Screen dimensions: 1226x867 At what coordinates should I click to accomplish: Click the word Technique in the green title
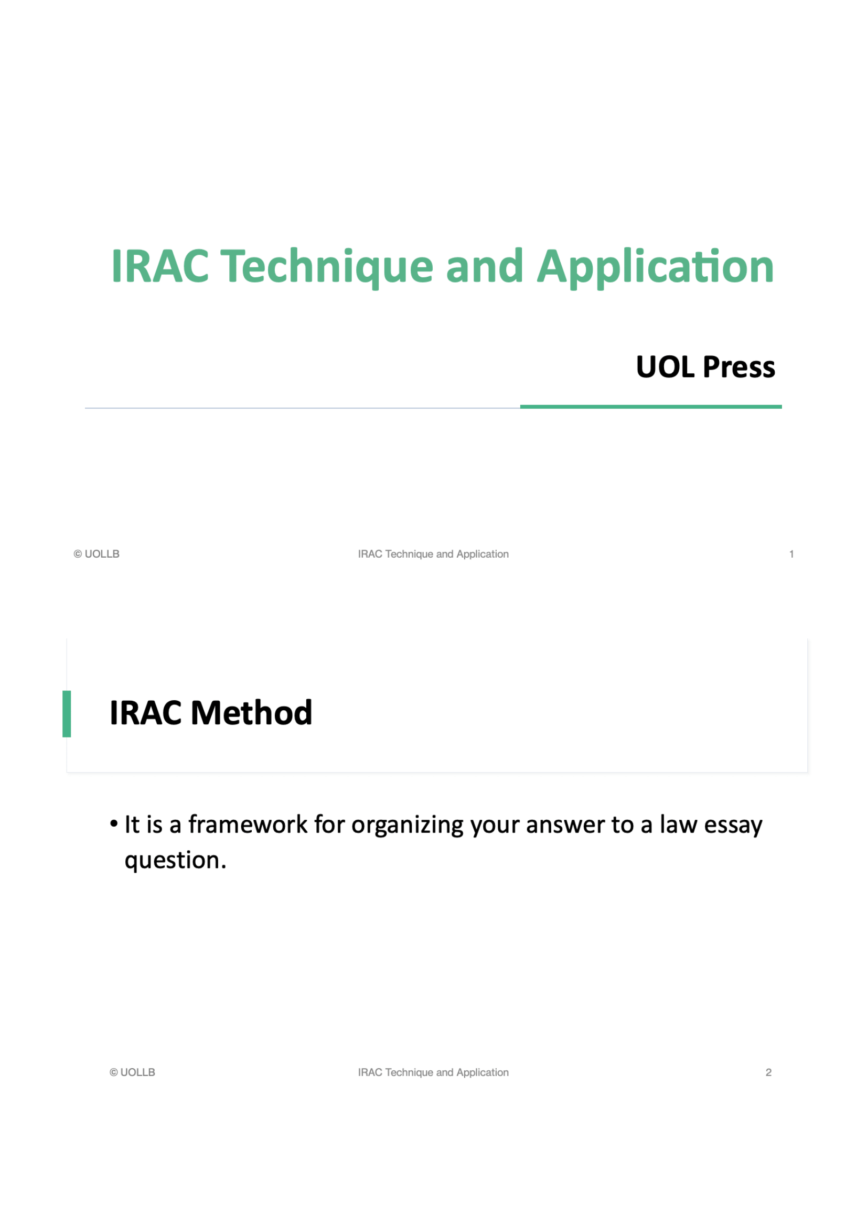(x=326, y=266)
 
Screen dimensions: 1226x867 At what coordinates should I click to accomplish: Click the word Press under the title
(x=739, y=367)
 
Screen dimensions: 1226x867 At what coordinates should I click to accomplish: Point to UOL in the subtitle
(x=665, y=367)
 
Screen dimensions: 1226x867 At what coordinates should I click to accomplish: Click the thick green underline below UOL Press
(x=651, y=407)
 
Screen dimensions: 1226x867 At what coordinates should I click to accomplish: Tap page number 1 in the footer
(x=791, y=554)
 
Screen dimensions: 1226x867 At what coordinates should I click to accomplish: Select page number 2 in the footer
(x=768, y=1072)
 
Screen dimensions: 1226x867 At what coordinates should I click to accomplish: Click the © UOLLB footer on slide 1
(x=97, y=554)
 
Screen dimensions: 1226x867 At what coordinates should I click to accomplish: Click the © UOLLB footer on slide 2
(x=133, y=1072)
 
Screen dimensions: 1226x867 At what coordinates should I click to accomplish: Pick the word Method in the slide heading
(x=251, y=713)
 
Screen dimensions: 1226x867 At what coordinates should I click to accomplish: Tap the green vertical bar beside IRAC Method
(x=67, y=714)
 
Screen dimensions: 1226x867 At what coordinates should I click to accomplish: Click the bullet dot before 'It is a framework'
(x=114, y=824)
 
